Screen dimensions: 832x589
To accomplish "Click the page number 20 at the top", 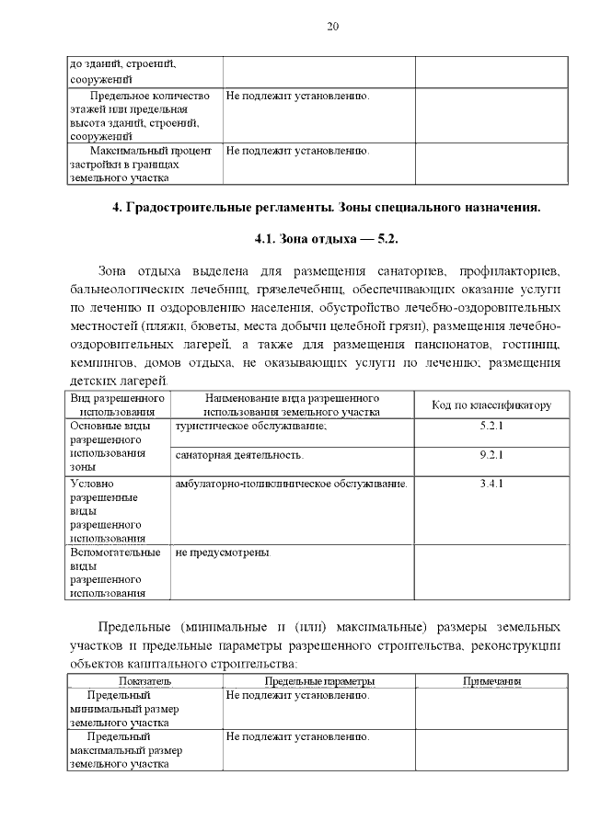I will [332, 26].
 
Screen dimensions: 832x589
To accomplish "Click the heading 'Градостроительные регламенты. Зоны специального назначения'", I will [326, 207].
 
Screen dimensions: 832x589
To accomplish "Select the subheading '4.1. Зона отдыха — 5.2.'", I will [326, 239].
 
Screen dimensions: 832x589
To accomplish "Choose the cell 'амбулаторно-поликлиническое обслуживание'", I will [291, 483].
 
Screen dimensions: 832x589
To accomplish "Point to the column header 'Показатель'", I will [144, 681].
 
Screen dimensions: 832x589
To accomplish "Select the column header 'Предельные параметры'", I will [318, 681].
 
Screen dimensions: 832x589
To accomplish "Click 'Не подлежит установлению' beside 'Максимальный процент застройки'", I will [298, 150].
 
